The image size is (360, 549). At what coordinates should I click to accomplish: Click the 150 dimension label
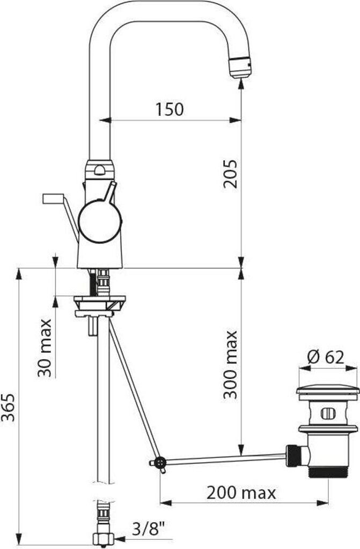pos(170,109)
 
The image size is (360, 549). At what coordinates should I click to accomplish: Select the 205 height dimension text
pos(230,174)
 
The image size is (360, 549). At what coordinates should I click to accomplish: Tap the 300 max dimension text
pos(231,365)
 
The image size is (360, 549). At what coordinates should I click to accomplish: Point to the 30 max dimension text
pos(45,347)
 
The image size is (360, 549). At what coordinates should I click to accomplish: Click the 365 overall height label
pos(8,407)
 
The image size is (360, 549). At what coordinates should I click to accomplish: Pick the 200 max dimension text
pos(241,493)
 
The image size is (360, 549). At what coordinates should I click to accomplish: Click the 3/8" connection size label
pos(149,528)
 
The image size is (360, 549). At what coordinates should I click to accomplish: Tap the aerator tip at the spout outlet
pos(240,66)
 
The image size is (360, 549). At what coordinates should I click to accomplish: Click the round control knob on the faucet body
pos(100,221)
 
